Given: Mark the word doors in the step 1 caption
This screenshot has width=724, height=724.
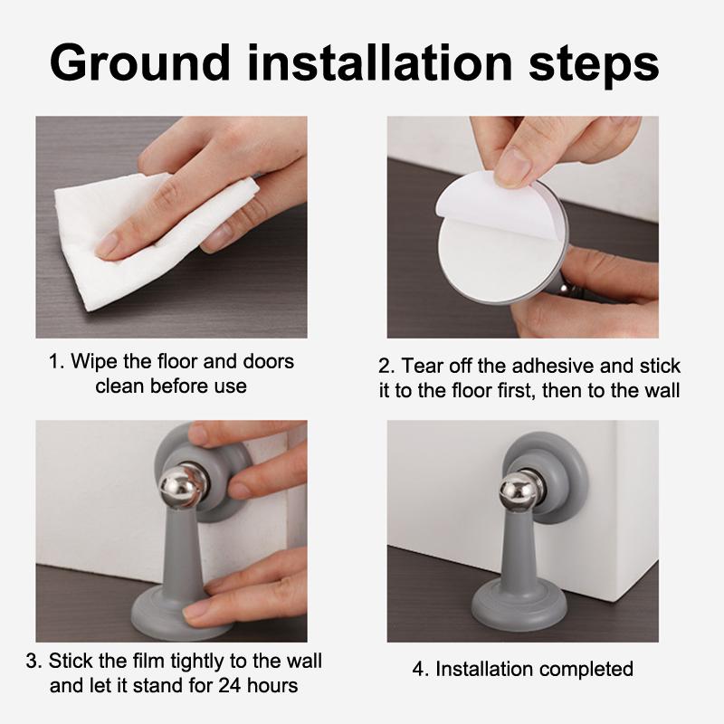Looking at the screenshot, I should (x=267, y=361).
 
